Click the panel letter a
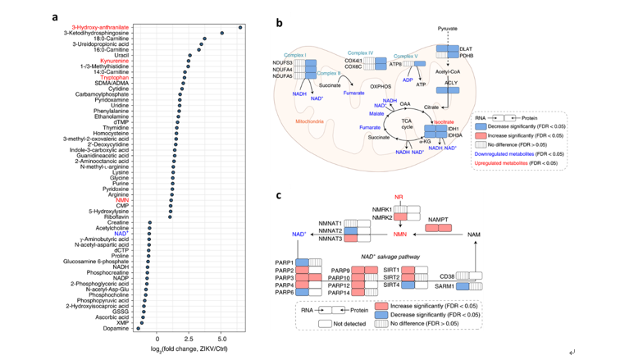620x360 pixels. [x=54, y=16]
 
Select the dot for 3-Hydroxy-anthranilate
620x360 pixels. [x=240, y=27]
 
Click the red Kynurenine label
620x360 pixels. [x=121, y=61]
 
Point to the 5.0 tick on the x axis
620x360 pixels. [x=221, y=337]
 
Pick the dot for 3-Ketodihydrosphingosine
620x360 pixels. [x=222, y=34]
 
